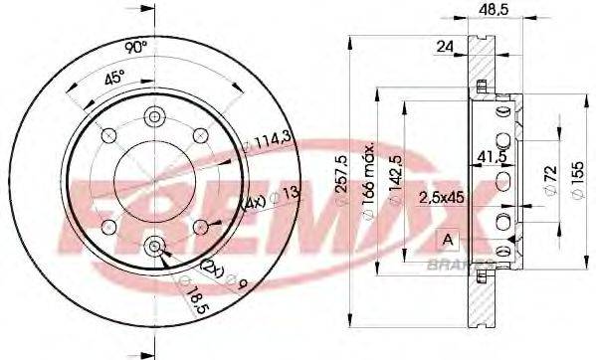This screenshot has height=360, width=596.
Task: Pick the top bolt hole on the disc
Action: tap(154, 116)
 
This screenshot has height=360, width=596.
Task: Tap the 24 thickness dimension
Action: tap(445, 45)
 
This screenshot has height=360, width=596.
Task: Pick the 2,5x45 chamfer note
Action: tap(441, 195)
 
